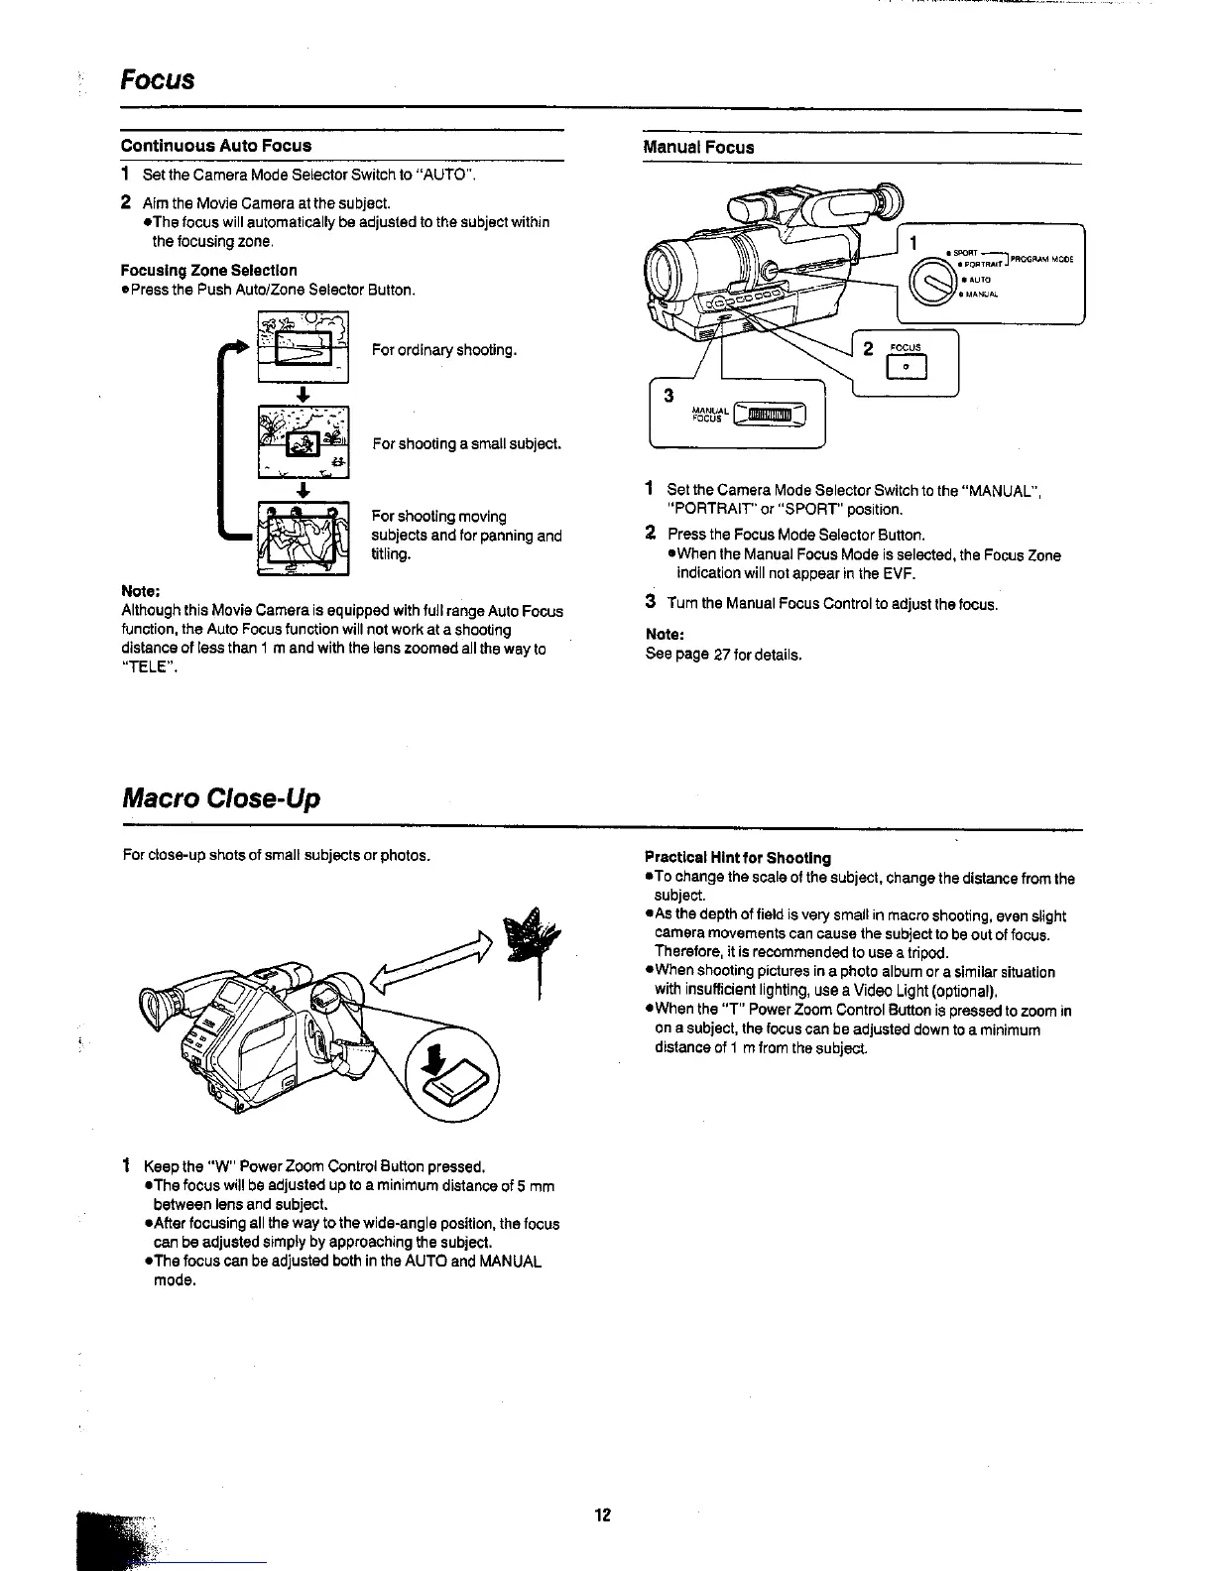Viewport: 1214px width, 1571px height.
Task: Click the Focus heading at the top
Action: point(157,79)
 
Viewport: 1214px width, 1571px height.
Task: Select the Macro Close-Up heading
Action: point(220,798)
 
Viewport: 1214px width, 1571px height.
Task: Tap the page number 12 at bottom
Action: point(603,1514)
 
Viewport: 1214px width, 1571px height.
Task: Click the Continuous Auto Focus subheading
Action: point(215,146)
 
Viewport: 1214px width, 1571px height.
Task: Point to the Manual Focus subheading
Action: point(698,148)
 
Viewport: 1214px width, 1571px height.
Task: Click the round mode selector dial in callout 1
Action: point(930,279)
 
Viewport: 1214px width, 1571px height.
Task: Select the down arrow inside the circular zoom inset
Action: point(433,1060)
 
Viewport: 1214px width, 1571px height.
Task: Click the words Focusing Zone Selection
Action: point(208,270)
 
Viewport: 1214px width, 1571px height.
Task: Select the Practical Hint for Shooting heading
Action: point(738,858)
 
